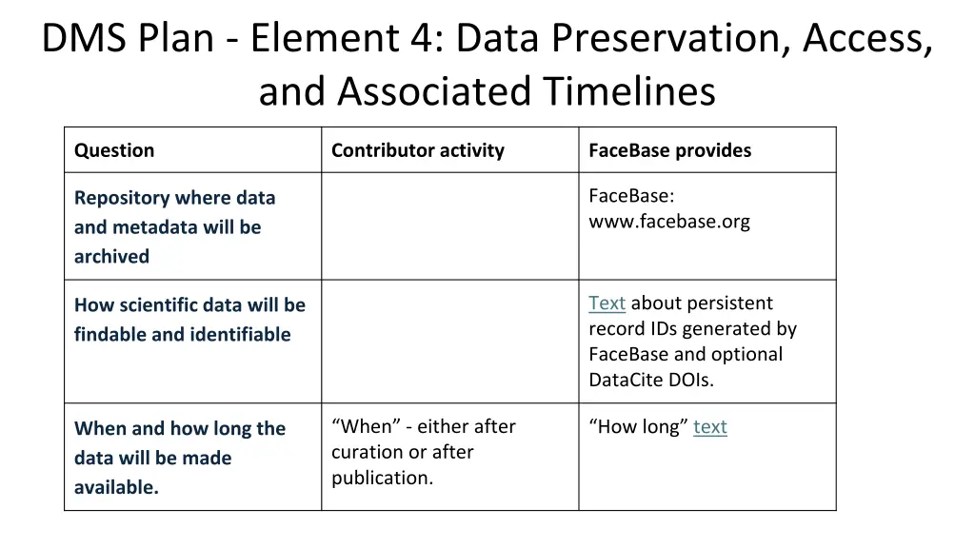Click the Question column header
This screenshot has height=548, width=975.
(x=114, y=150)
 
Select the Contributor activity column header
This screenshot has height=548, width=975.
(x=417, y=150)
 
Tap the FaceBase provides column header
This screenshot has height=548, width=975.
(x=669, y=150)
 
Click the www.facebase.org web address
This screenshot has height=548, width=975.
(x=668, y=222)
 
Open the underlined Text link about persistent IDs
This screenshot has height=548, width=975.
(x=607, y=303)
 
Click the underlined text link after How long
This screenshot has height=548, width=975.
(x=709, y=427)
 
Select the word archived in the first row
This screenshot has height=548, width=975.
(x=111, y=257)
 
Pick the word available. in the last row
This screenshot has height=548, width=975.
(x=116, y=488)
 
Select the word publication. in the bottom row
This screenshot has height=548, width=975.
(x=382, y=479)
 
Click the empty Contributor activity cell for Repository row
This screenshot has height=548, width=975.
(x=449, y=225)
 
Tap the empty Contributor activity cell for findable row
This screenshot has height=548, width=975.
(x=449, y=341)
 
